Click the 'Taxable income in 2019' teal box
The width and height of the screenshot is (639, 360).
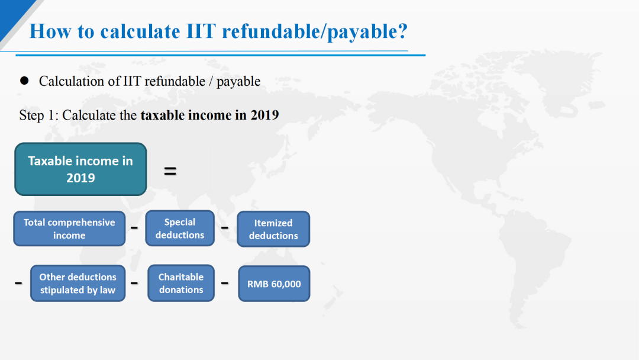point(80,169)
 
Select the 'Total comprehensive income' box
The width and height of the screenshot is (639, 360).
point(69,229)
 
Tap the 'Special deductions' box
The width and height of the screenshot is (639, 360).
point(180,229)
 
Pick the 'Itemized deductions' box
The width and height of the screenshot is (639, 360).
point(273,229)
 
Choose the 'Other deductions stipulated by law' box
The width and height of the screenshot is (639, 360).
point(78,284)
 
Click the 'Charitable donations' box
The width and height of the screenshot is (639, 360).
point(181,284)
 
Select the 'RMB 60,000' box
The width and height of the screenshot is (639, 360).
point(274,284)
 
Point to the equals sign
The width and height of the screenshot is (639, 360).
point(170,171)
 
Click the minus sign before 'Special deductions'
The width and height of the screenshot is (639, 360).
point(134,227)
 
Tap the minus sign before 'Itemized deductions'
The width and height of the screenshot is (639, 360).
point(225,227)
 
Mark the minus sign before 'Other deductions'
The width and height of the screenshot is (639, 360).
point(18,282)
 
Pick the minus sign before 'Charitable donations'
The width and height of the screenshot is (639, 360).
point(134,282)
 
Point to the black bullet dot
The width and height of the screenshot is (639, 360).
point(24,81)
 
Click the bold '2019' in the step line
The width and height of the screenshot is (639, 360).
point(264,115)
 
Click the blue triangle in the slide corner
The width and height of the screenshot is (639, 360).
point(11,12)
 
